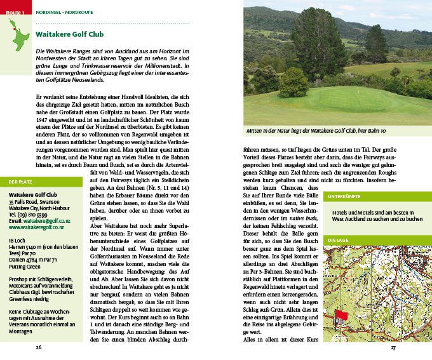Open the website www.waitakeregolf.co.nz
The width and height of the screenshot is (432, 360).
pyautogui.click(x=36, y=227)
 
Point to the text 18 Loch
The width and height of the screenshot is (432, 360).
pyautogui.click(x=18, y=241)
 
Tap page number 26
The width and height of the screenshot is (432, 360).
pyautogui.click(x=39, y=347)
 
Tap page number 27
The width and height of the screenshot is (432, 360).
pyautogui.click(x=393, y=347)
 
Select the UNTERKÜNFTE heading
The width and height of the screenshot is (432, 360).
pyautogui.click(x=344, y=197)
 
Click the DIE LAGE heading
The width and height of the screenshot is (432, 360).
pyautogui.click(x=338, y=240)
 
